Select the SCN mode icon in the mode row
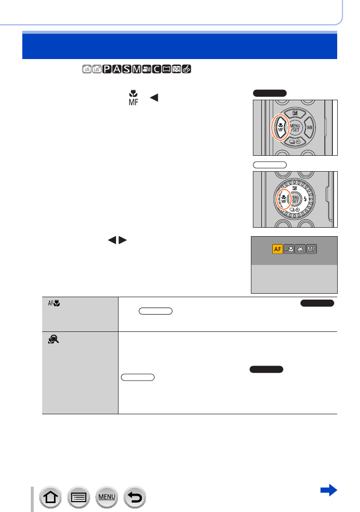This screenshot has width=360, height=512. [x=176, y=68]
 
